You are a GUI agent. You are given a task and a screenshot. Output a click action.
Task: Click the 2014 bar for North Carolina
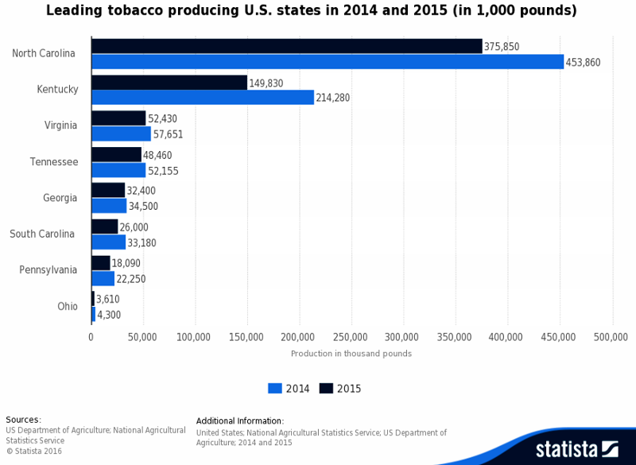click(x=328, y=62)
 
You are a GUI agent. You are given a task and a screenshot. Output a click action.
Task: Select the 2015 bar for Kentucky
click(x=169, y=83)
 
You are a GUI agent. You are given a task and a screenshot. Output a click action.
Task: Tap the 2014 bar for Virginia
click(x=121, y=134)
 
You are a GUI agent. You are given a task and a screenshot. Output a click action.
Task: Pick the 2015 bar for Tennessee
click(x=116, y=155)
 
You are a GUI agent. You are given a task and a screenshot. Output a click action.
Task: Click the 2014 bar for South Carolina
click(x=108, y=242)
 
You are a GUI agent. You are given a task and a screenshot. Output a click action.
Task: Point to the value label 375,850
click(x=502, y=47)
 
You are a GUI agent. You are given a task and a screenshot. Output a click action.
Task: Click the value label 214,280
click(x=333, y=98)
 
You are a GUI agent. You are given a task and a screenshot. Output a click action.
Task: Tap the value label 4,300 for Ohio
click(x=109, y=315)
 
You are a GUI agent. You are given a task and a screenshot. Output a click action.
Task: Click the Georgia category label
click(x=60, y=198)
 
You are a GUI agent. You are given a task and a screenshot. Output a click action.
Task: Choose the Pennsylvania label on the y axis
click(x=48, y=270)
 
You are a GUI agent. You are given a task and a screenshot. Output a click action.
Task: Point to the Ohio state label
click(x=68, y=307)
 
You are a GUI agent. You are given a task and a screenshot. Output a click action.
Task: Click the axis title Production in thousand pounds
click(x=351, y=354)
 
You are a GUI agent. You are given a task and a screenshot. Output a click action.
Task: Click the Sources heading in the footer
click(x=23, y=420)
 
